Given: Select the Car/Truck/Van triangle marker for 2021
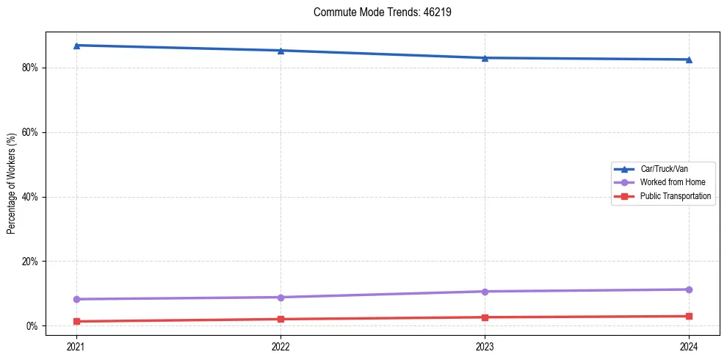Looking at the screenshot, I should [76, 46].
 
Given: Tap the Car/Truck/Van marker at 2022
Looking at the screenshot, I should [281, 51].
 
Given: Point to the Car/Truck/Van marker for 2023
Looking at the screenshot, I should [485, 58].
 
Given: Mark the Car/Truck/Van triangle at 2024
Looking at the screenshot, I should [689, 60].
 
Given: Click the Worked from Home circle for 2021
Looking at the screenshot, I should [76, 299].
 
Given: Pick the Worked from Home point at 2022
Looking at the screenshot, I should [281, 297].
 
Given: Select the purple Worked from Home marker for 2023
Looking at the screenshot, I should [485, 292].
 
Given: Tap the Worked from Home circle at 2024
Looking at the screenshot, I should [689, 289].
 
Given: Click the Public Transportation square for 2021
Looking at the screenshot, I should [76, 321].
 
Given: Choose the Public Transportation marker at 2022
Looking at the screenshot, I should [281, 319].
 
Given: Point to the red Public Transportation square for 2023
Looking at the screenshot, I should [485, 317].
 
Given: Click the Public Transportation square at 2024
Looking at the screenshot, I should [689, 316].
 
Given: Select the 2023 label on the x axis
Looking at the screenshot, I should [485, 346].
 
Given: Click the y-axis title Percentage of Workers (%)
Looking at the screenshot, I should [12, 184].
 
